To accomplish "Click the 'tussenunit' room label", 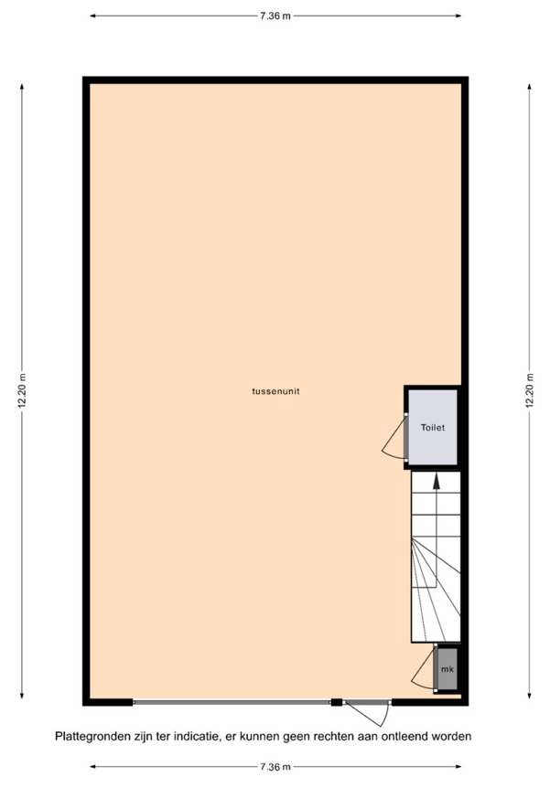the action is pyautogui.click(x=275, y=391).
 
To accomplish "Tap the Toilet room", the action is pyautogui.click(x=433, y=427).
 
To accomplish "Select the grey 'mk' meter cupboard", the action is pyautogui.click(x=447, y=669).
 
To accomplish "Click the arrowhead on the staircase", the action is pyautogui.click(x=437, y=481).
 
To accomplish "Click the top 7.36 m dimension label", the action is pyautogui.click(x=275, y=16).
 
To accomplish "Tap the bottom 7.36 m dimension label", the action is pyautogui.click(x=275, y=767).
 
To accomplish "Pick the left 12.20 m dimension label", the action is pyautogui.click(x=22, y=390).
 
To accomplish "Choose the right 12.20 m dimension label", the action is pyautogui.click(x=529, y=390).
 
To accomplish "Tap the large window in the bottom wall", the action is pyautogui.click(x=232, y=702).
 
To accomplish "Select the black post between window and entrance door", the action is pyautogui.click(x=337, y=702).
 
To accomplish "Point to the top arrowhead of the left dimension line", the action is pyautogui.click(x=22, y=87).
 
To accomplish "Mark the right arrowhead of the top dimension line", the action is pyautogui.click(x=458, y=16).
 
